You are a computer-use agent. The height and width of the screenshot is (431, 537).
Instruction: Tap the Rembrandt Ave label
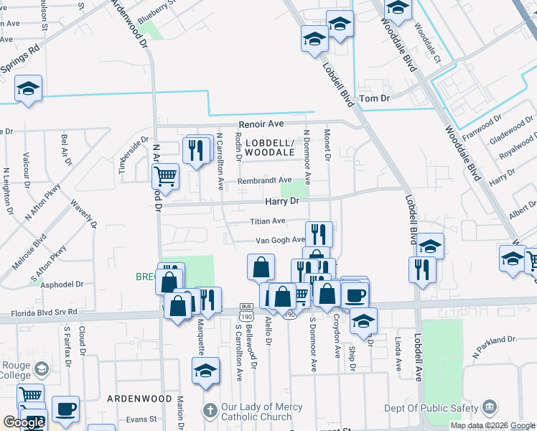(265, 180)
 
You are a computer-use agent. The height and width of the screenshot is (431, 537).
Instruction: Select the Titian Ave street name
(268, 221)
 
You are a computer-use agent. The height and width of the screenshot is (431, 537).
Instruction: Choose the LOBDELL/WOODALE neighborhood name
(270, 147)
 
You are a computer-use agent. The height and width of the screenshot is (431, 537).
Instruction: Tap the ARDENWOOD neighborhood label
(139, 398)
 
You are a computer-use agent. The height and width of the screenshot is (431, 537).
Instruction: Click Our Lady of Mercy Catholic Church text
(257, 412)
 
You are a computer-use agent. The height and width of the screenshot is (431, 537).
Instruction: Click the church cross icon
(209, 411)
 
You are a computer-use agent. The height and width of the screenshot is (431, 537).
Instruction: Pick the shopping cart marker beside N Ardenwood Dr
(165, 175)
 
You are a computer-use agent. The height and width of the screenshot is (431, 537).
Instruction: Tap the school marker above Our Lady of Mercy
(205, 371)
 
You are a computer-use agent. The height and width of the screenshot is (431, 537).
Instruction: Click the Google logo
(24, 422)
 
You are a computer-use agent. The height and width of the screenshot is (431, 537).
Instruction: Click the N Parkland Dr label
(495, 346)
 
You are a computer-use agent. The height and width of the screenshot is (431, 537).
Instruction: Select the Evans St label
(141, 420)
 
